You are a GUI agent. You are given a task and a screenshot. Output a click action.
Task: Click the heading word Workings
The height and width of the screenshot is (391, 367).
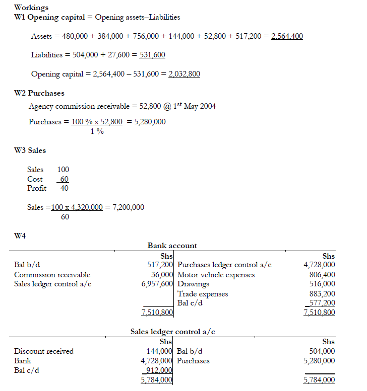point(32,8)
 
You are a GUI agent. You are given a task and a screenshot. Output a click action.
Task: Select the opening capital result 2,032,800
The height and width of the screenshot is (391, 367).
point(184,74)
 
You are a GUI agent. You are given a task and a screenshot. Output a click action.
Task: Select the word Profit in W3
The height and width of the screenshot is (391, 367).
point(37,188)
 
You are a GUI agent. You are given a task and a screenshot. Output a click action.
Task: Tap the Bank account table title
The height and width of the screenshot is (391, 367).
point(172,246)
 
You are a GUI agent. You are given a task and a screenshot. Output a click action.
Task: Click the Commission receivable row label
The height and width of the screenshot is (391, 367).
point(52,275)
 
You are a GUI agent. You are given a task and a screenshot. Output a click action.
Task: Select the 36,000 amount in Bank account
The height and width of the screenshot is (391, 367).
point(162,275)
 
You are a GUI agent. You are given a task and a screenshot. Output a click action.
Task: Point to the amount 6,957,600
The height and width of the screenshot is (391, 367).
point(158,284)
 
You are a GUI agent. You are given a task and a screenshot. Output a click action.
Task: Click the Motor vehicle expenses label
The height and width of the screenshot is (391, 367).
point(216,275)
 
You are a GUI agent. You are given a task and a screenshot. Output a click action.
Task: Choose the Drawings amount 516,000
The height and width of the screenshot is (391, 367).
point(322,284)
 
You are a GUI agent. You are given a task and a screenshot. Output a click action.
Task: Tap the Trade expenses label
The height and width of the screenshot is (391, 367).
point(203,293)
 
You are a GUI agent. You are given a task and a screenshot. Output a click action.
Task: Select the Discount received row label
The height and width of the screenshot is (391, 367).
point(44,351)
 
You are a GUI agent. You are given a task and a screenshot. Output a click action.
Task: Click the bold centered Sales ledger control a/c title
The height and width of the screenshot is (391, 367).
point(172,332)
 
